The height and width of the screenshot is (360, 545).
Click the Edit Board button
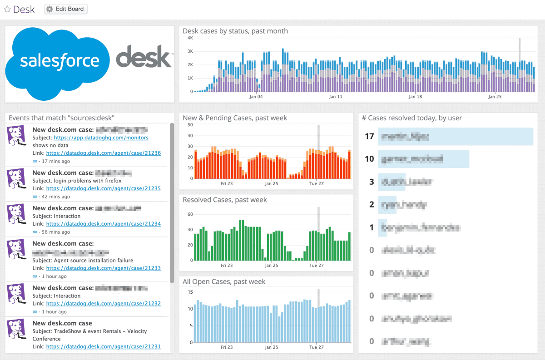[x=65, y=9]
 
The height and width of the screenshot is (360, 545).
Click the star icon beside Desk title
[x=7, y=10]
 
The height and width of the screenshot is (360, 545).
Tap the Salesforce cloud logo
[x=59, y=61]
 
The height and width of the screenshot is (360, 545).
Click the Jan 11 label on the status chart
[x=336, y=97]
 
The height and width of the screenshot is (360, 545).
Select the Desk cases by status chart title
[x=235, y=31]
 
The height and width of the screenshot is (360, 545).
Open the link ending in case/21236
[x=103, y=153]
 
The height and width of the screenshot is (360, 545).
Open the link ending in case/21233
[x=103, y=268]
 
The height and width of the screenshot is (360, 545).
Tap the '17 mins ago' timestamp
[x=56, y=161]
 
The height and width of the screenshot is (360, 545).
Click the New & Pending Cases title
[x=235, y=118]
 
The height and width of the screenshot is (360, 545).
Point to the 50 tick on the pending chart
[x=189, y=125]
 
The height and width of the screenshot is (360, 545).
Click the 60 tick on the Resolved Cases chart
[x=190, y=214]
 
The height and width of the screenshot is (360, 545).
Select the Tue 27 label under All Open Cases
[x=316, y=347]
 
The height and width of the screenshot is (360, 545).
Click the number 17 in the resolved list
[x=369, y=136]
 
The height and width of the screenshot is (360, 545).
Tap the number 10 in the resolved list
[x=369, y=159]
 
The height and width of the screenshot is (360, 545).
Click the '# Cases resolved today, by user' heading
[x=411, y=118]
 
